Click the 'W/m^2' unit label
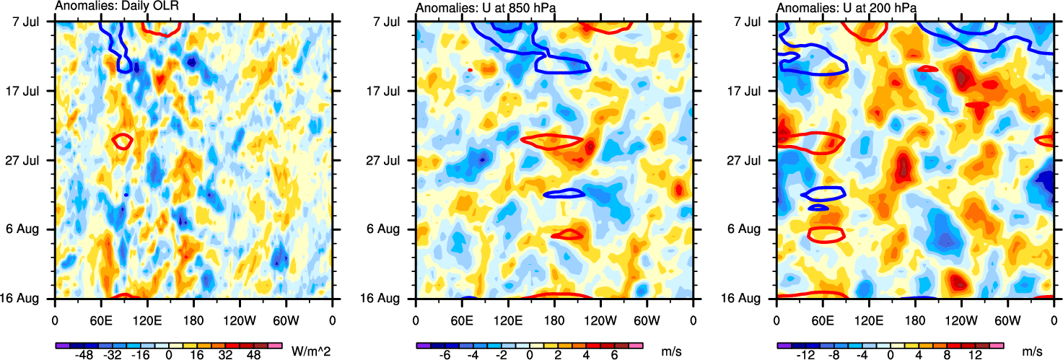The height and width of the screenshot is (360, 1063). point(307,351)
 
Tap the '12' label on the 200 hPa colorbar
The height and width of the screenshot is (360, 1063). point(976,356)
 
